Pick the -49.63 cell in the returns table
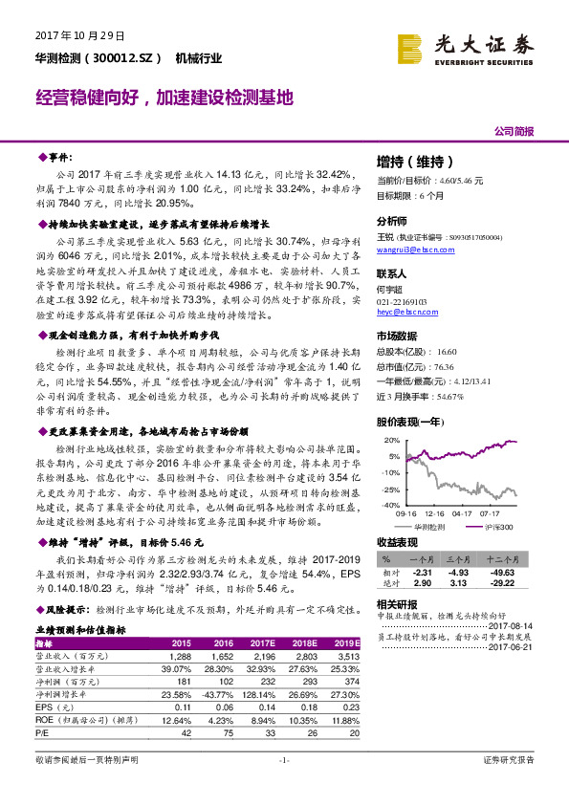(x=502, y=571)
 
